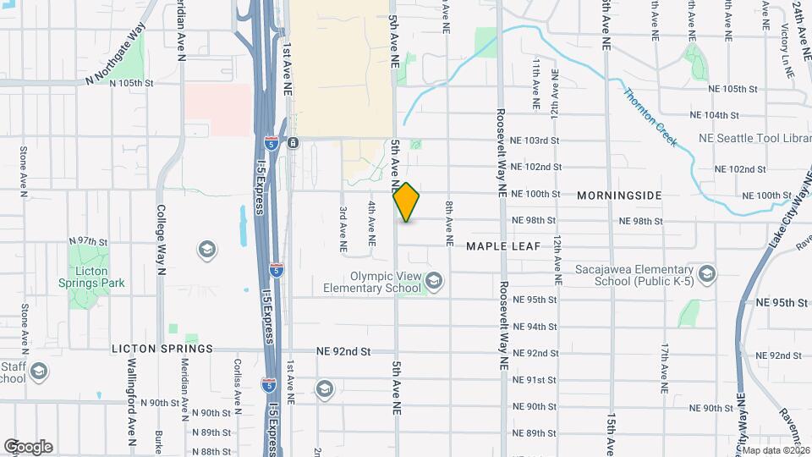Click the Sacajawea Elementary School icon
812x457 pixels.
tap(708, 273)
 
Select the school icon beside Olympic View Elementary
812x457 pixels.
tap(434, 280)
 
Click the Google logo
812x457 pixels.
tap(28, 447)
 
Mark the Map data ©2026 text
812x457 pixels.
tap(776, 450)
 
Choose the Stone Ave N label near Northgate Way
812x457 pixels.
tap(24, 173)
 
